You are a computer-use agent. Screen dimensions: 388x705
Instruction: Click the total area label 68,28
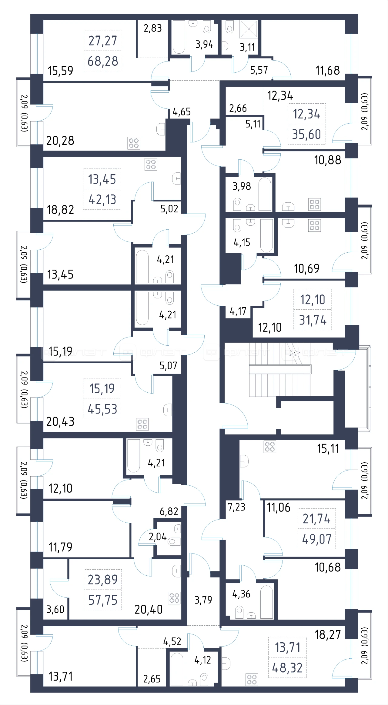click(103, 61)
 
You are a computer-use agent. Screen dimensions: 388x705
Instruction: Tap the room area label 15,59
click(60, 71)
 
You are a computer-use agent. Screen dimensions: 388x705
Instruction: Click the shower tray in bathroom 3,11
click(249, 29)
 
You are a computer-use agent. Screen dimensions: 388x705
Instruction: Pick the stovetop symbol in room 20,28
click(134, 143)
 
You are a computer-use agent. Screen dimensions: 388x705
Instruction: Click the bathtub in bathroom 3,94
click(179, 37)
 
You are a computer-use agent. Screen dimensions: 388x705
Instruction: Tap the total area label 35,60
click(306, 134)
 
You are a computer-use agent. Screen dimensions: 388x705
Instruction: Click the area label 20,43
click(60, 421)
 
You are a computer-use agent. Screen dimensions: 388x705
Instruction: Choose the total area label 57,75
click(103, 600)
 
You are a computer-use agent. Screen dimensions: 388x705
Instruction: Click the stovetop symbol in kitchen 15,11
click(270, 447)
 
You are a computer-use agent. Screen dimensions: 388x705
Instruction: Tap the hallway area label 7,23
click(236, 507)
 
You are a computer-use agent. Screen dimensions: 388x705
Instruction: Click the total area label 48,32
click(287, 668)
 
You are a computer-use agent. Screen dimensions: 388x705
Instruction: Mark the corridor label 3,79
click(203, 600)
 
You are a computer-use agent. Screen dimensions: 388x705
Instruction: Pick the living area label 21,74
click(317, 519)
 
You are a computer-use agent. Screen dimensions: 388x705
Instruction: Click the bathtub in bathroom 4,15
click(267, 235)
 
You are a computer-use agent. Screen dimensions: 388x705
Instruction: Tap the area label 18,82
click(60, 210)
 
